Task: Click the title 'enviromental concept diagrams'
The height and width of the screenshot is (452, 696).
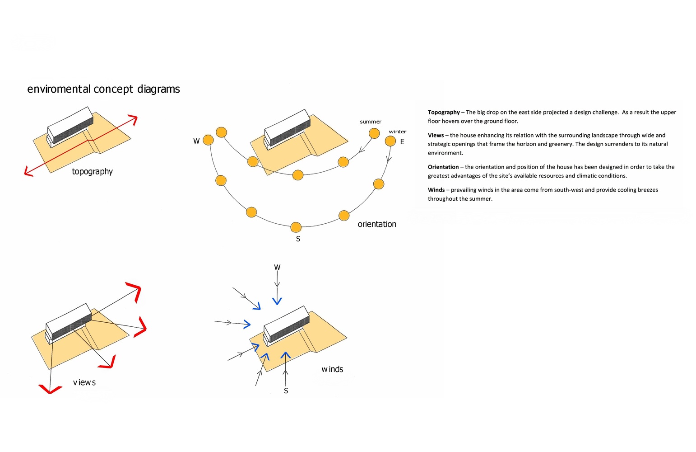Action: click(x=103, y=89)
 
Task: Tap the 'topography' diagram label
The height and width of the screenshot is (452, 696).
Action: click(x=92, y=172)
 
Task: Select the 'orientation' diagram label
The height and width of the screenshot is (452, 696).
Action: click(x=377, y=224)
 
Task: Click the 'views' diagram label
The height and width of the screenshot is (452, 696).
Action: click(x=84, y=383)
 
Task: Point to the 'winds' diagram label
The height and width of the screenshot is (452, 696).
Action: click(x=332, y=369)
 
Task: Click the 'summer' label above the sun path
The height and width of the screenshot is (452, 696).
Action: click(x=371, y=122)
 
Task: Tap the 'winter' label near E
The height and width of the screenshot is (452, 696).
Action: click(x=398, y=132)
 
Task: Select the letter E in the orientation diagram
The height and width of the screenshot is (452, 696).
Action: click(x=402, y=142)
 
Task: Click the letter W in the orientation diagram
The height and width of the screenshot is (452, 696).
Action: click(x=196, y=141)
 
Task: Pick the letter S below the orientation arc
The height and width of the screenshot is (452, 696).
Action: click(x=298, y=239)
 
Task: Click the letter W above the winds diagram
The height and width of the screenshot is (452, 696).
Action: click(x=277, y=268)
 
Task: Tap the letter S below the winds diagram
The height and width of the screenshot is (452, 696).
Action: click(x=286, y=391)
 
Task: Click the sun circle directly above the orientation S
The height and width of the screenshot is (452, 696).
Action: click(x=296, y=227)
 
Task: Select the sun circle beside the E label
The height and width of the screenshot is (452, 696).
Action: click(x=390, y=141)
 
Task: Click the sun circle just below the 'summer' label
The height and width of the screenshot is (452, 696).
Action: click(x=374, y=133)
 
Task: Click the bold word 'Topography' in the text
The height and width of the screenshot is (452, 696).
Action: click(x=444, y=112)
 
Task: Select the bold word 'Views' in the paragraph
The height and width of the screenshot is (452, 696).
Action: click(x=436, y=135)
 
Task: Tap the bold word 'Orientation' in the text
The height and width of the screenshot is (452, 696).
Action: click(x=443, y=167)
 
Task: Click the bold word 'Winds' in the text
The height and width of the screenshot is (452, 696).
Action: click(x=436, y=190)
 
